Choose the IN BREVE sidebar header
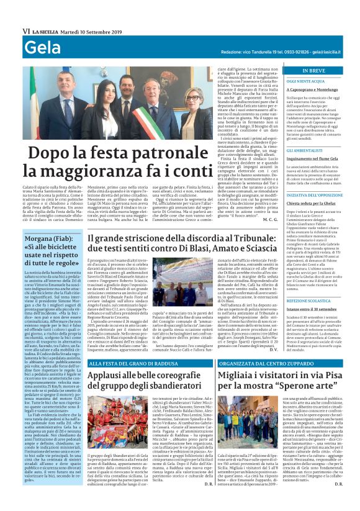(313, 71)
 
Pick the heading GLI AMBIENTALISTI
(295, 150)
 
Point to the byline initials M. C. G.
(253, 219)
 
